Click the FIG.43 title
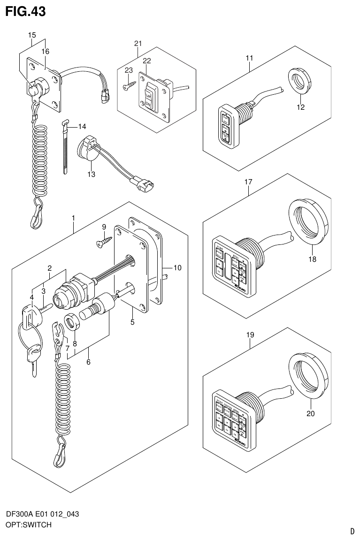[x=25, y=11]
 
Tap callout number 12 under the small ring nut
[x=300, y=107]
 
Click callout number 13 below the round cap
[x=91, y=175]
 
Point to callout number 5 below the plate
[x=132, y=322]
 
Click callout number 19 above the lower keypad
[x=250, y=335]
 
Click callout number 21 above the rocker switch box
[x=138, y=44]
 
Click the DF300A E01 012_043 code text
[x=42, y=514]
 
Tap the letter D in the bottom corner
[x=352, y=531]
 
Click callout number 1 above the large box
[x=74, y=218]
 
